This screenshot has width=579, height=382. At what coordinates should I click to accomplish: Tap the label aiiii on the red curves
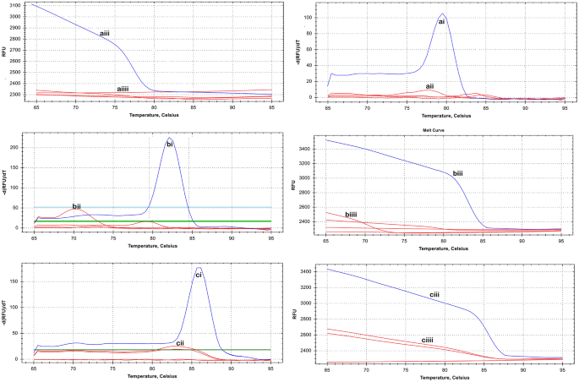(123, 88)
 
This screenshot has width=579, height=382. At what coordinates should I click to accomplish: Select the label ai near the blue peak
(441, 22)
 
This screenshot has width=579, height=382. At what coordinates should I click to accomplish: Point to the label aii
(429, 85)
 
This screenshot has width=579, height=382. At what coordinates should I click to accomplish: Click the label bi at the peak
(170, 145)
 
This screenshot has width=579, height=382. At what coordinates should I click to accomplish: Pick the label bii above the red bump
(76, 205)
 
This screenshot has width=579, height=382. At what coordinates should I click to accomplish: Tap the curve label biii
(457, 172)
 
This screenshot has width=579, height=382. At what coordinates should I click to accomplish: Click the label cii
(180, 343)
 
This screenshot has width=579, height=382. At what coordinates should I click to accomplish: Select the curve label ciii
(457, 295)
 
